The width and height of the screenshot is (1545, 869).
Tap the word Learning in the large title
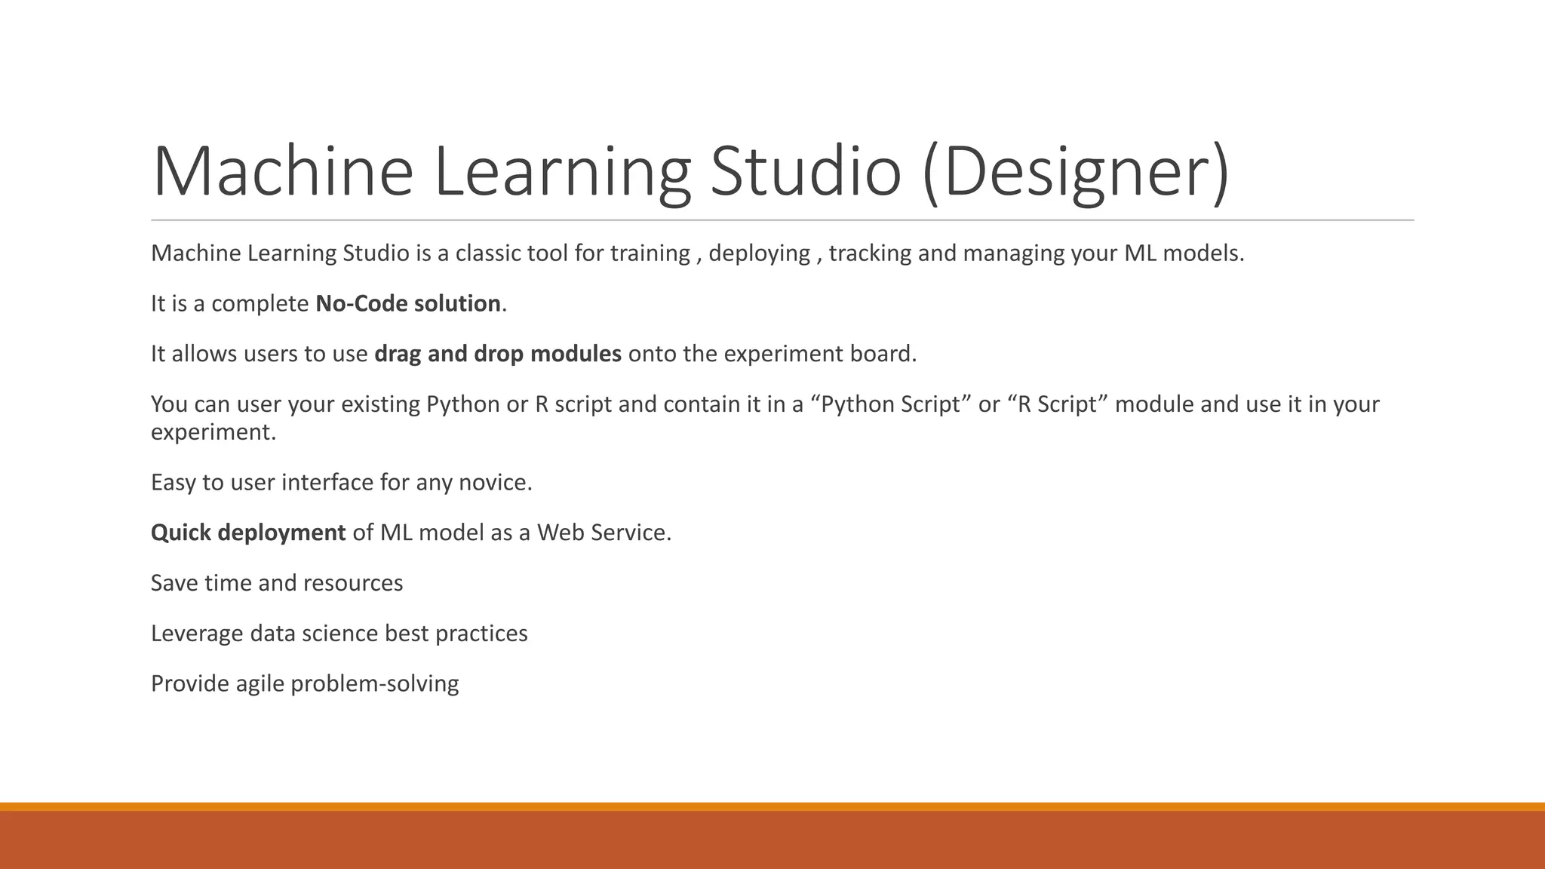pyautogui.click(x=562, y=172)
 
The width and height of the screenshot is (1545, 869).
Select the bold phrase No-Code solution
pyautogui.click(x=407, y=303)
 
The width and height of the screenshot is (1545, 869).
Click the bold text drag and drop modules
pyautogui.click(x=497, y=354)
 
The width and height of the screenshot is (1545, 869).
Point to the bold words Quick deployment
pyautogui.click(x=248, y=533)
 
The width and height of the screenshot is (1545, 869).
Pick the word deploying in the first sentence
pyautogui.click(x=759, y=253)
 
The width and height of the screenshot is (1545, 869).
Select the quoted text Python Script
pyautogui.click(x=890, y=404)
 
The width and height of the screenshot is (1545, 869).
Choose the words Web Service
pyautogui.click(x=603, y=533)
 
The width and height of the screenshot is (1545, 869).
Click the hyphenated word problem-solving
pyautogui.click(x=374, y=684)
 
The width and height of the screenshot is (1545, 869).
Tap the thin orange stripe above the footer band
pyautogui.click(x=772, y=806)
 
